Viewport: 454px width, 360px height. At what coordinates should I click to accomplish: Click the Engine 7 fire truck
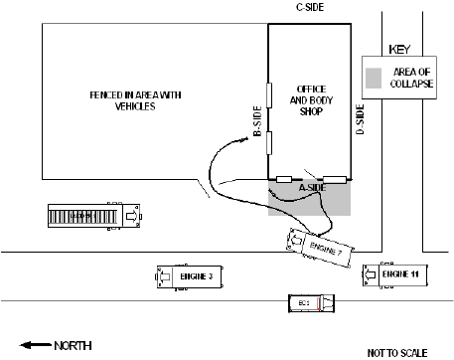[x=317, y=246]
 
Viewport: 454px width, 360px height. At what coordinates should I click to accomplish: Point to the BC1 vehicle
[x=307, y=302]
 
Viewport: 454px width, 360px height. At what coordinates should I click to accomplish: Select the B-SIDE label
[x=257, y=120]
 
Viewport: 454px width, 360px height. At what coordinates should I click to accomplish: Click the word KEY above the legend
[x=399, y=49]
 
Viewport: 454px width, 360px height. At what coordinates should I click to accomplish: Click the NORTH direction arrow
[x=34, y=345]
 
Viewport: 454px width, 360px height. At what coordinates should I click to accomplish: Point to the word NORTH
[x=72, y=345]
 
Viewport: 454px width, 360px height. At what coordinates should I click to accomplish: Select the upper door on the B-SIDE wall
[x=268, y=93]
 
